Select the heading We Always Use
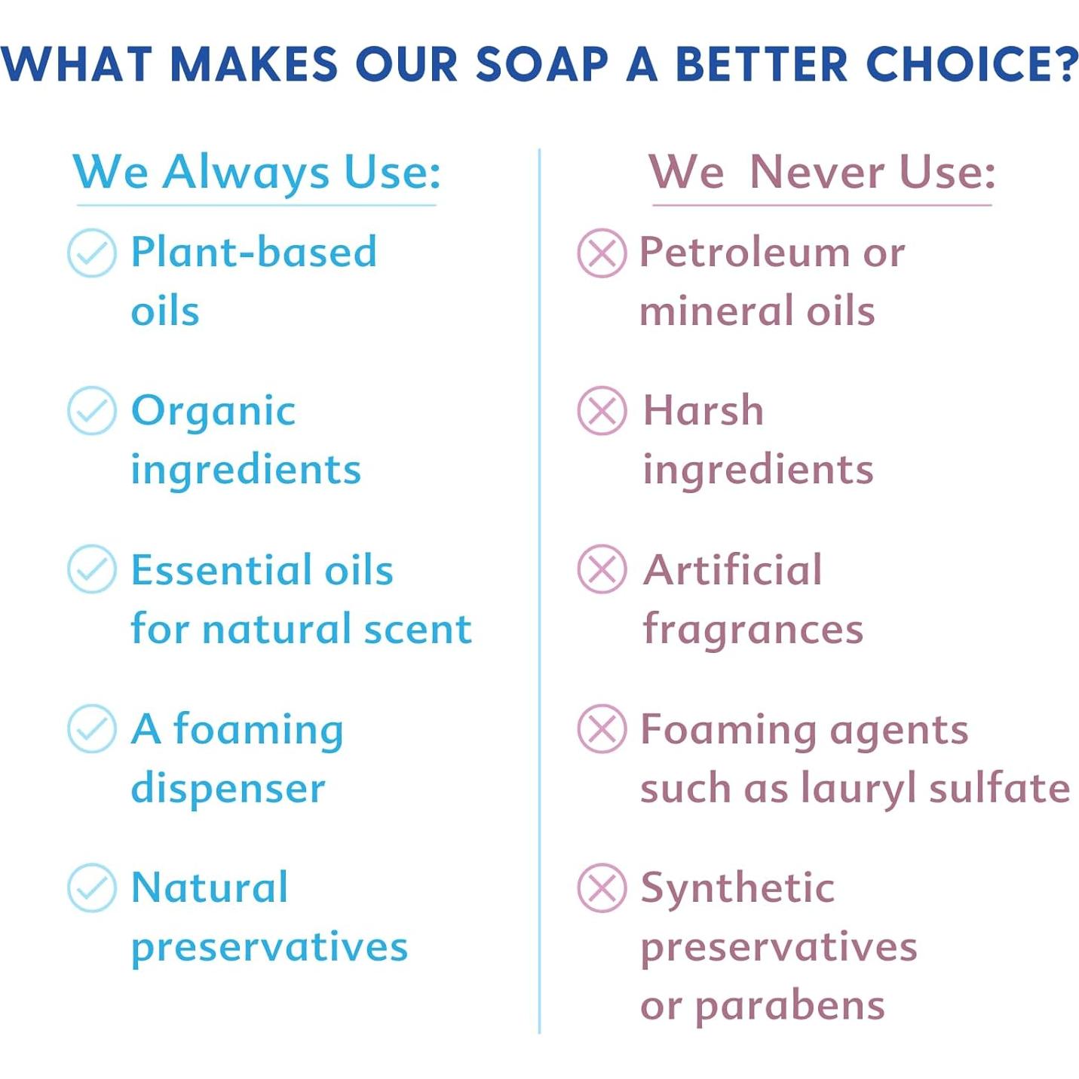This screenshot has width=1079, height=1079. pyautogui.click(x=256, y=173)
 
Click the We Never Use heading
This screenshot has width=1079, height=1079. pyautogui.click(x=822, y=172)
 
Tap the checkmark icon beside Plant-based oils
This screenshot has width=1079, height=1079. pyautogui.click(x=92, y=253)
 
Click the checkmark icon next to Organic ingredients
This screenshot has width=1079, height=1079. pyautogui.click(x=92, y=411)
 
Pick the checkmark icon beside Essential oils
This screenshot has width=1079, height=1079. pyautogui.click(x=92, y=569)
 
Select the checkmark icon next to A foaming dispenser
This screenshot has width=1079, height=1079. pyautogui.click(x=92, y=728)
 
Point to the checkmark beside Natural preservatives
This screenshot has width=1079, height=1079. pyautogui.click(x=92, y=888)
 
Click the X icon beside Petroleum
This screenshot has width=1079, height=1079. pyautogui.click(x=602, y=253)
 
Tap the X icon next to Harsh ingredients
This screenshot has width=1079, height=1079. pyautogui.click(x=602, y=411)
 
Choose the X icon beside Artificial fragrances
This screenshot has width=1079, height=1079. pyautogui.click(x=602, y=569)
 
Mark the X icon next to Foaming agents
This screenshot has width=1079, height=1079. pyautogui.click(x=602, y=728)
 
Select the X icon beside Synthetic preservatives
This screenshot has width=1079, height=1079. pyautogui.click(x=602, y=888)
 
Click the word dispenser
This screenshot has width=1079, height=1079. pyautogui.click(x=228, y=789)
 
